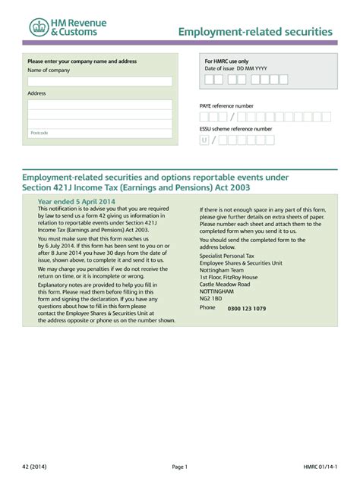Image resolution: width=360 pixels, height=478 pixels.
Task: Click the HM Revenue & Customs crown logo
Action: pos(38,28)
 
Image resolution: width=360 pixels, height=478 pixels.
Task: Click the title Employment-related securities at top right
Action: pos(255,32)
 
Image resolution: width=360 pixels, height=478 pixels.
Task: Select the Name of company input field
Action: pos(100,81)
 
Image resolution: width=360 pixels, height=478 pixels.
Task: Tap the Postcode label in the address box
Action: pos(39,133)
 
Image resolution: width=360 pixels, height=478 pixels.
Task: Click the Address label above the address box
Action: pos(36,93)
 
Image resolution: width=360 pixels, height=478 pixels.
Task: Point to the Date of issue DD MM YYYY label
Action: pos(236,68)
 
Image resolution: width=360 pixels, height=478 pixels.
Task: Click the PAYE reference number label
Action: pos(226,105)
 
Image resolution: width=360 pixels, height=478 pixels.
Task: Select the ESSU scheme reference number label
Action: pos(235,129)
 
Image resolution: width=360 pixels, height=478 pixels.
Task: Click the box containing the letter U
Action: pos(204,140)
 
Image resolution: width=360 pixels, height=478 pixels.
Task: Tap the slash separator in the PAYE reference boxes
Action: pos(232,117)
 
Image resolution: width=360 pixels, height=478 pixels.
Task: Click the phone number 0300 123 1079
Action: pos(247,309)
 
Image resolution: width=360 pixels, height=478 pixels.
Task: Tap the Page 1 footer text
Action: pos(179,467)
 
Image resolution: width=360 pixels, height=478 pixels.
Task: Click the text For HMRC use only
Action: pos(226,61)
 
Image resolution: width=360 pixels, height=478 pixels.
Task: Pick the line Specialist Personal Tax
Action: pos(229,256)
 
